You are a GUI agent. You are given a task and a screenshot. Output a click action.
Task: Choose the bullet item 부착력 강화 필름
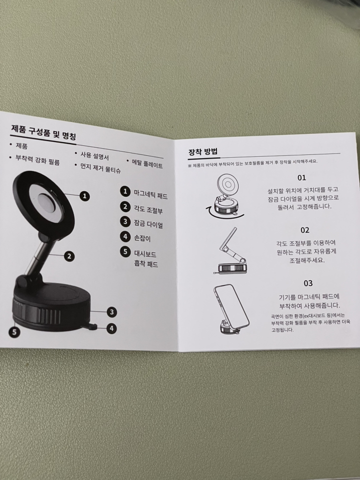37,160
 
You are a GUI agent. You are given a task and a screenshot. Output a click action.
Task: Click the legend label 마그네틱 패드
151,194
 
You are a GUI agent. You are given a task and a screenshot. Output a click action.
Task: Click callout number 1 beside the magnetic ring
85,196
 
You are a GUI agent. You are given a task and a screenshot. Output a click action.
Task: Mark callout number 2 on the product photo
69,256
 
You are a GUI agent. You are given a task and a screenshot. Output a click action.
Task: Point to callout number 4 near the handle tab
112,328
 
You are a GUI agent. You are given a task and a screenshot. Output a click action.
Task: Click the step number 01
301,177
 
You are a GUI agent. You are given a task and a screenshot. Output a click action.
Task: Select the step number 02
304,230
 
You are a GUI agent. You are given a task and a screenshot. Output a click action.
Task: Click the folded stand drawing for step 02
233,260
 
